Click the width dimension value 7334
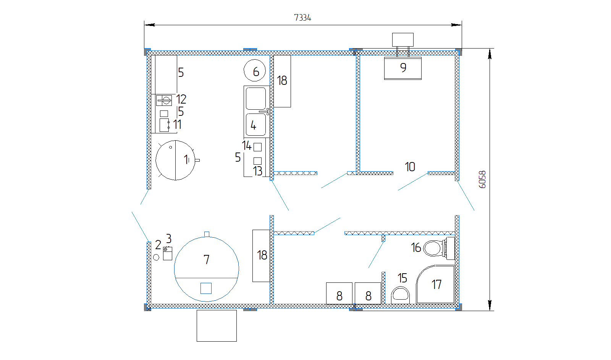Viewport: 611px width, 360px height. coord(302,18)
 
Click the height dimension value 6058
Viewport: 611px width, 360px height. coord(482,180)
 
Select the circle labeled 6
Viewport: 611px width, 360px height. coord(255,70)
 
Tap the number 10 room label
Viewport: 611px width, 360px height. coord(410,167)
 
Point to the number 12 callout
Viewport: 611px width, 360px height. coord(181,99)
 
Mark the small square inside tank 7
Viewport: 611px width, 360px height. coord(206,288)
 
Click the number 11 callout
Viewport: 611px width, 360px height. coord(177,125)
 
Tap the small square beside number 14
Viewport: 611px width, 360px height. coord(257,147)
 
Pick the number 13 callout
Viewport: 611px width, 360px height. coord(257,171)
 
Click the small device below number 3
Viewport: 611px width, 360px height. coord(168,253)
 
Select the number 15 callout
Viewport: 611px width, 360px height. coord(402,278)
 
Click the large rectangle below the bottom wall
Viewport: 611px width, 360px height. coord(217,326)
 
